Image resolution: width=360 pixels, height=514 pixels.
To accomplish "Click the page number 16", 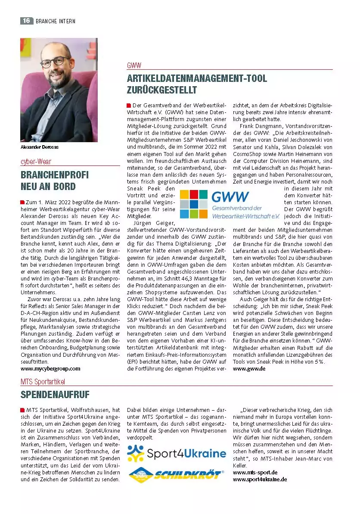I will tap(26, 21).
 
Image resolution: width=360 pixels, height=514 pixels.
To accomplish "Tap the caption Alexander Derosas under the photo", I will tap(40, 147).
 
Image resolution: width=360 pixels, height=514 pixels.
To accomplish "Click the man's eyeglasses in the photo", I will tap(56, 61).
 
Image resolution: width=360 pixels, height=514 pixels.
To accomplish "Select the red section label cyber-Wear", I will tap(35, 162).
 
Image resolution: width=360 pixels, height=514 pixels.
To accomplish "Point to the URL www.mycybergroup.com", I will tap(50, 369).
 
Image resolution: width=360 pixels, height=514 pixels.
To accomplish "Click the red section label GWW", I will tap(134, 65).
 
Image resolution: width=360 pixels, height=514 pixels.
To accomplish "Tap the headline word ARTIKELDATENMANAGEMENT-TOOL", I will tap(197, 79).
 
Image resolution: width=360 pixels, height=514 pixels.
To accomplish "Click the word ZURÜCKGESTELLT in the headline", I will tap(162, 90).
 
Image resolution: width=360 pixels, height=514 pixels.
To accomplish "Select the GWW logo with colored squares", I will tap(229, 204).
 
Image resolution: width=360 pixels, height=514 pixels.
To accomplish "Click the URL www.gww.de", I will tap(249, 369).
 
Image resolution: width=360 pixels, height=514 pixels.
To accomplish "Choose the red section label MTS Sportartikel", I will tap(43, 381).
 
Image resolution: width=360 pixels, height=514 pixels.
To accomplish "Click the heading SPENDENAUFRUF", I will tap(55, 395).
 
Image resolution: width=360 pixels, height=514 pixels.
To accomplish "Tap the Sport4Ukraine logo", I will tap(177, 453).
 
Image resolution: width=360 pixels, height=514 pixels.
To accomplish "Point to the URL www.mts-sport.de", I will tap(255, 472).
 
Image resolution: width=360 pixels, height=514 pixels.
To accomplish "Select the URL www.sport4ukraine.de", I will tap(260, 479).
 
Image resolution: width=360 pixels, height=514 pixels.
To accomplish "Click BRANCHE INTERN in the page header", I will tap(56, 21).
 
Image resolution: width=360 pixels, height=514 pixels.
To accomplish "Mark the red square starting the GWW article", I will tap(129, 106).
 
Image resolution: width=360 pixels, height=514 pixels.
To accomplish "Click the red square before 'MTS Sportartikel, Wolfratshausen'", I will tap(22, 410).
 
